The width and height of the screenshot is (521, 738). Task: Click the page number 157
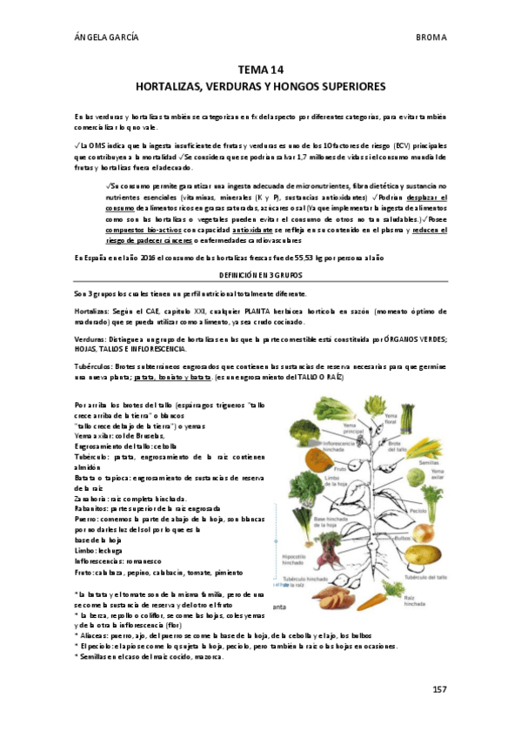click(x=439, y=689)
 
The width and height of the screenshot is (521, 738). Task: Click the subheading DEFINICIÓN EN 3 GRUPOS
click(x=260, y=273)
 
